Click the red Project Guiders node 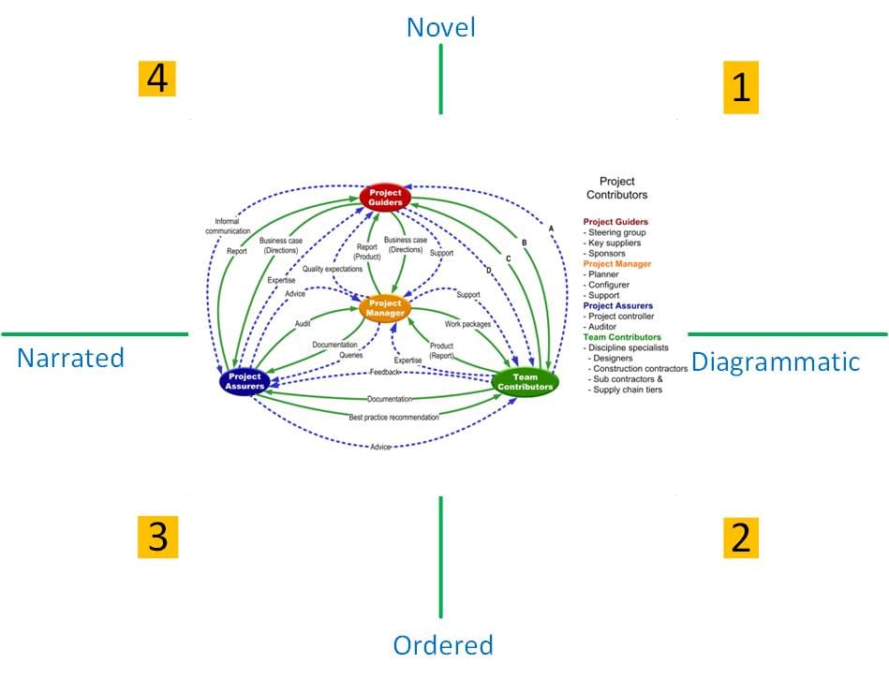[385, 198]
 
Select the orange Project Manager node [385, 309]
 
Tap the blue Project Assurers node [244, 382]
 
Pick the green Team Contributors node [525, 382]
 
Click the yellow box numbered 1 [741, 88]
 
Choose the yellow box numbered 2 [741, 538]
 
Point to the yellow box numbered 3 [157, 538]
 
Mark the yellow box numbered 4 [157, 79]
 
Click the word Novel [440, 28]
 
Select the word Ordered [442, 645]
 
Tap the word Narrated [70, 358]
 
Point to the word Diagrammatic [775, 361]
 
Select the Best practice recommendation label [393, 417]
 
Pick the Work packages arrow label [467, 324]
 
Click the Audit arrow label [303, 323]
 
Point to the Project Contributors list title [616, 188]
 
